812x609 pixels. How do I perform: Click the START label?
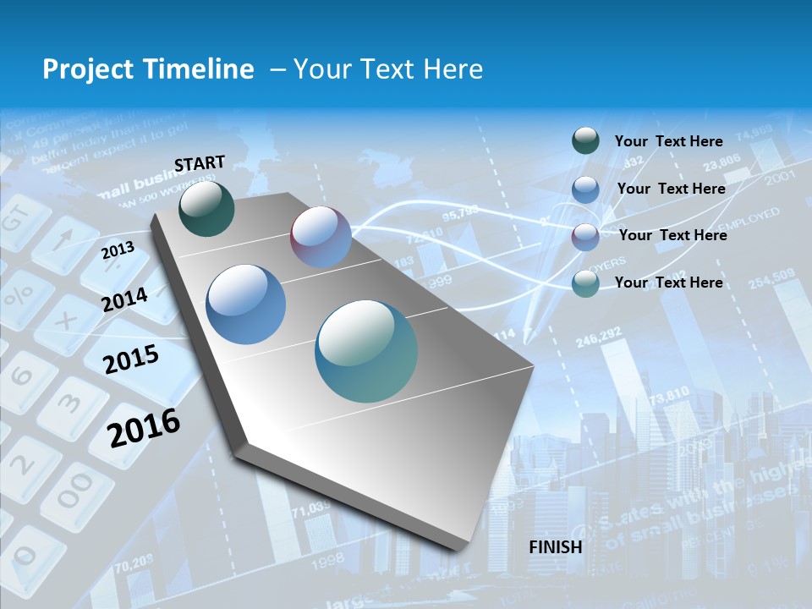200,163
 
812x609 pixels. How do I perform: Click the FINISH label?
555,546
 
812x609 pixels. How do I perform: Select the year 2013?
118,250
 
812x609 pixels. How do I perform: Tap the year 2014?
124,299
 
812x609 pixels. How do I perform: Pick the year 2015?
130,360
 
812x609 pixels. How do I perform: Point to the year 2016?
144,427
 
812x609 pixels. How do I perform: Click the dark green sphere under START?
206,209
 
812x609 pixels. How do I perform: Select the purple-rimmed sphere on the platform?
321,237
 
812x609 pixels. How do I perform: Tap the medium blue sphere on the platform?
246,304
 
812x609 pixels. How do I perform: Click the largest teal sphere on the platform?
366,351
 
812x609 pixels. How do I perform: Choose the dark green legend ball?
585,141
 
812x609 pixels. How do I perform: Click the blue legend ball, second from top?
585,189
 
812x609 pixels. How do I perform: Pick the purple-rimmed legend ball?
585,236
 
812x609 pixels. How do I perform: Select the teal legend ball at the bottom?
585,283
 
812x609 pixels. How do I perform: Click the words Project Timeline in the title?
148,69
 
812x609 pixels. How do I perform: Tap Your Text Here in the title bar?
387,69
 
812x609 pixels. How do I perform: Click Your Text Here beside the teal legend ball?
668,283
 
